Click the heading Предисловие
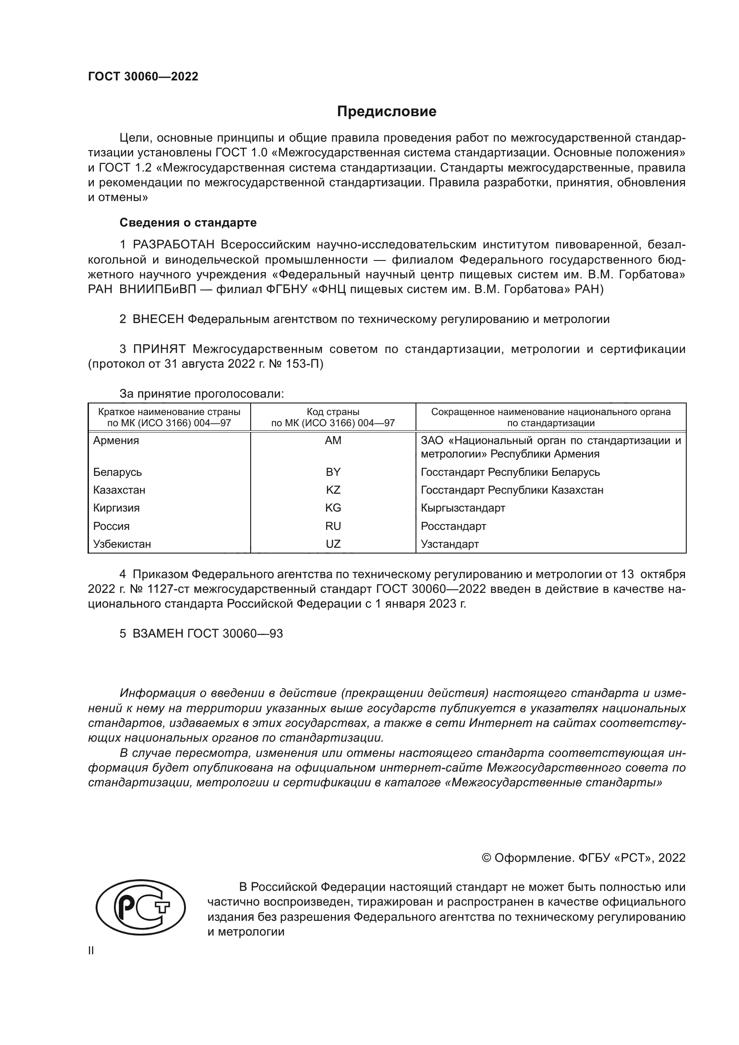point(386,112)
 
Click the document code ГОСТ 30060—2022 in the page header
point(143,76)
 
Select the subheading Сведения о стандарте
point(188,222)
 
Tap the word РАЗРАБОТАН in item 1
point(173,245)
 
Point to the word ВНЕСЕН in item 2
point(158,319)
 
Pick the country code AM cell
point(333,441)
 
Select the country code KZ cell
point(333,490)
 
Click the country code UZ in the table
point(333,544)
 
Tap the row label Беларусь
point(118,472)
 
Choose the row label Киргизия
point(117,508)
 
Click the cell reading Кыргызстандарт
point(463,508)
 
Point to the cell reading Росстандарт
point(453,526)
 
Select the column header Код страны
point(333,412)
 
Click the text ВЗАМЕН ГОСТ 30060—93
point(207,634)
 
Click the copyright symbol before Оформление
point(486,858)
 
